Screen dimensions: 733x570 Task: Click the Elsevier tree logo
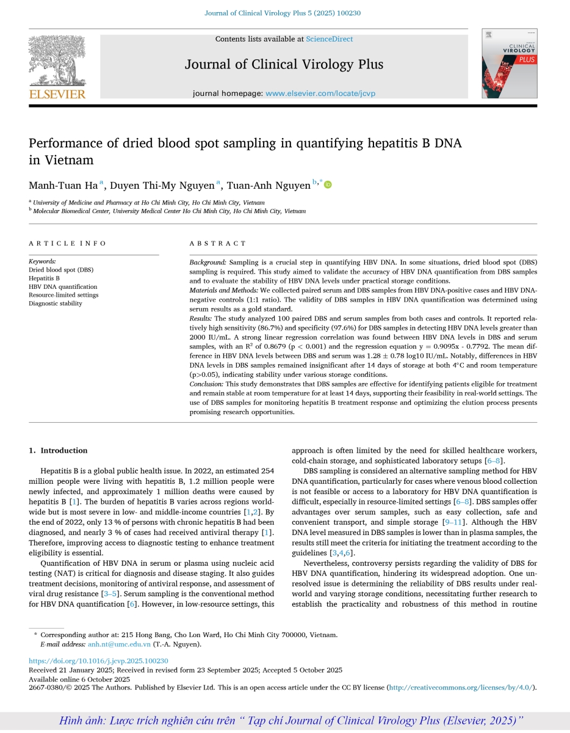(x=57, y=61)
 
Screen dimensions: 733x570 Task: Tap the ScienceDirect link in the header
(x=329, y=39)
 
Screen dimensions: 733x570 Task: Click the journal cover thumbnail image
(x=509, y=64)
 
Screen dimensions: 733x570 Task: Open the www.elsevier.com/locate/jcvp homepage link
(x=318, y=93)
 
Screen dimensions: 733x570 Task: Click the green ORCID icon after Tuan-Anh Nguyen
(x=328, y=184)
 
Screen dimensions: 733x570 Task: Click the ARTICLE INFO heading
(x=67, y=243)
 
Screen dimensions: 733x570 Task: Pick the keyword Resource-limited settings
(x=63, y=295)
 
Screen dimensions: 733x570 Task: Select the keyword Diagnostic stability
(x=56, y=304)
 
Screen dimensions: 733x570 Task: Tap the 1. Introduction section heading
(x=58, y=451)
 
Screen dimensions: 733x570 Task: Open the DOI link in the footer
(x=98, y=661)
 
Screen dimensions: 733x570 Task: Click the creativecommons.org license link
(x=461, y=687)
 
